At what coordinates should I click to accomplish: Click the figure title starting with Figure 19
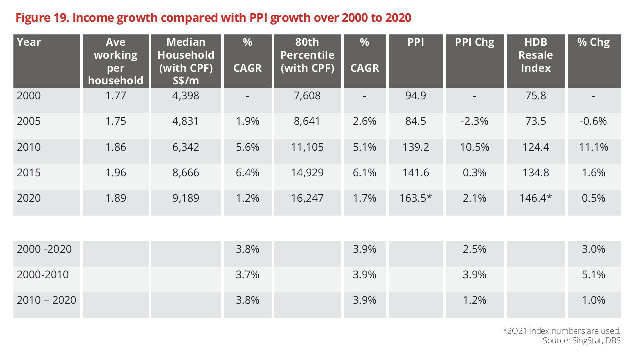(213, 18)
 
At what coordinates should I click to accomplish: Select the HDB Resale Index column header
(536, 55)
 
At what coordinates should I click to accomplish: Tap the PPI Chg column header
(474, 42)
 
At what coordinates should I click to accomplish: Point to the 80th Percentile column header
(307, 55)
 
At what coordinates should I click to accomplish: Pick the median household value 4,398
(185, 96)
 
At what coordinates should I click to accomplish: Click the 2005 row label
(29, 121)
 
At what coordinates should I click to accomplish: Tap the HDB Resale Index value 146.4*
(536, 198)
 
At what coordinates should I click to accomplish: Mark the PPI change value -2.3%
(474, 121)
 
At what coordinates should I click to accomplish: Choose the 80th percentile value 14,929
(307, 172)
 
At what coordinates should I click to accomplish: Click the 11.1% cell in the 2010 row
(594, 147)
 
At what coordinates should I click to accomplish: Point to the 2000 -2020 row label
(44, 249)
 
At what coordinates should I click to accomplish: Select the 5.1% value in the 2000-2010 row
(594, 274)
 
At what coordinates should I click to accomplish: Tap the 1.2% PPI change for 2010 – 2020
(474, 300)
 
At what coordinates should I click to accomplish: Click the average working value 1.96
(116, 172)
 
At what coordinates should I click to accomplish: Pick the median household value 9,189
(185, 198)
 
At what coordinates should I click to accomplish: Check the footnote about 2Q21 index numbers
(561, 331)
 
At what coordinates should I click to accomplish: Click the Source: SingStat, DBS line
(581, 341)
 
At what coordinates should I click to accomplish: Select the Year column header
(29, 42)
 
